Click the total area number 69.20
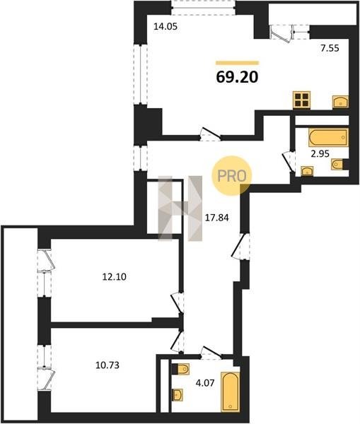pyautogui.click(x=237, y=77)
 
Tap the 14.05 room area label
pyautogui.click(x=165, y=27)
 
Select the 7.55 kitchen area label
pyautogui.click(x=330, y=48)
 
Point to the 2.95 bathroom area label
pyautogui.click(x=320, y=153)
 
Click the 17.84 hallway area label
pyautogui.click(x=216, y=218)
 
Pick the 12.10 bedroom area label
pyautogui.click(x=115, y=277)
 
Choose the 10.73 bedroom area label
pyautogui.click(x=108, y=365)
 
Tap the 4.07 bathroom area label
pyautogui.click(x=205, y=383)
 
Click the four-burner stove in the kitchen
pyautogui.click(x=301, y=100)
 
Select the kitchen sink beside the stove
pyautogui.click(x=340, y=102)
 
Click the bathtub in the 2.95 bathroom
pyautogui.click(x=329, y=138)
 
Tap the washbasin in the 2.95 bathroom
pyautogui.click(x=307, y=172)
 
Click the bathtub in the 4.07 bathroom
pyautogui.click(x=231, y=391)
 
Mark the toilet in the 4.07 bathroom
pyautogui.click(x=181, y=369)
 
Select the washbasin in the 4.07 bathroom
pyautogui.click(x=178, y=395)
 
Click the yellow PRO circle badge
pyautogui.click(x=232, y=175)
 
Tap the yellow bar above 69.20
pyautogui.click(x=238, y=63)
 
